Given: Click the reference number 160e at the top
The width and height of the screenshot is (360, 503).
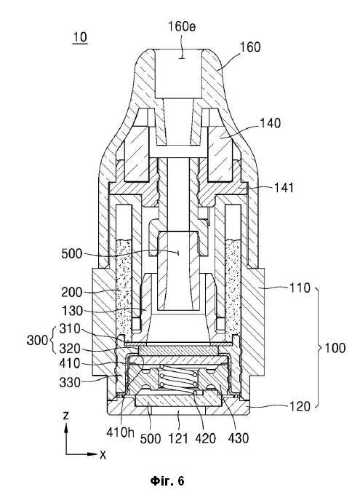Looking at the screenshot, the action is coord(182,27).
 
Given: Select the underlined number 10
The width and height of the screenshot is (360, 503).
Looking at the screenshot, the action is coord(80,37).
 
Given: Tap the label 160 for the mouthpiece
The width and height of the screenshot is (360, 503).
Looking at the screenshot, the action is coord(250,47).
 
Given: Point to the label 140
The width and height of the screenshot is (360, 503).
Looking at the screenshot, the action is coord(270,123).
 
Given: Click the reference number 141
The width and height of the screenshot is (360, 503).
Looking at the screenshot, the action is coord(284,187).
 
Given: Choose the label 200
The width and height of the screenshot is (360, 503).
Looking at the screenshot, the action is coord(72,293).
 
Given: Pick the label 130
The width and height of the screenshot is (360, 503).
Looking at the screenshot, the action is coord(72,311).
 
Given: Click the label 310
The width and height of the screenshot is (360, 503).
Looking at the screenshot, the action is coord(70,329).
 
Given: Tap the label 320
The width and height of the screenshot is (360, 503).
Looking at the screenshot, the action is coord(70,349).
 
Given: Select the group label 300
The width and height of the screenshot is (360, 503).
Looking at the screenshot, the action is coord(37,340).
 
